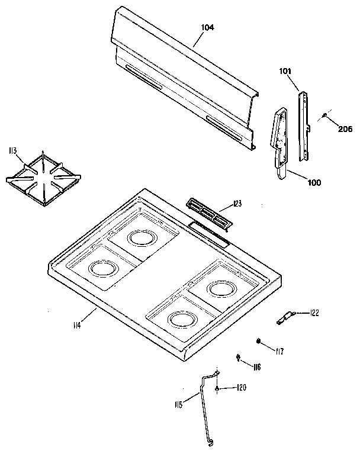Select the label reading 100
point(314,182)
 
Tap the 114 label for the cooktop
point(78,324)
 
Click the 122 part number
point(314,313)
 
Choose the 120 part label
point(241,388)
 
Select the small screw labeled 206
point(324,116)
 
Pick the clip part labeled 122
point(284,318)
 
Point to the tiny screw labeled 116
point(238,357)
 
